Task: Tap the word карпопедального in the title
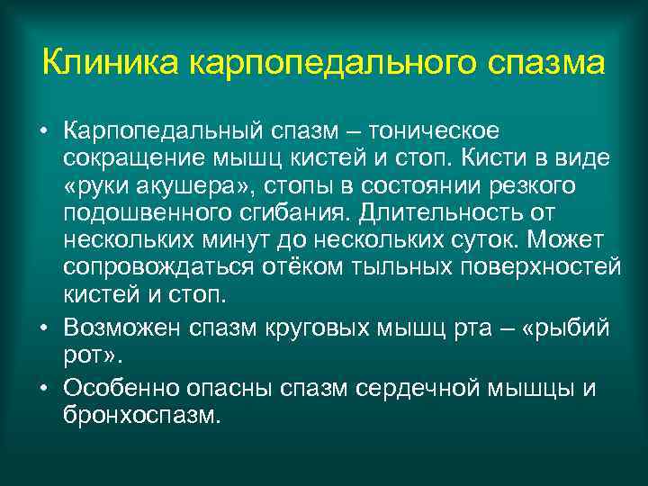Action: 319,66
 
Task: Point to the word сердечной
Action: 421,389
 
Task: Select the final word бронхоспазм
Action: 141,417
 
